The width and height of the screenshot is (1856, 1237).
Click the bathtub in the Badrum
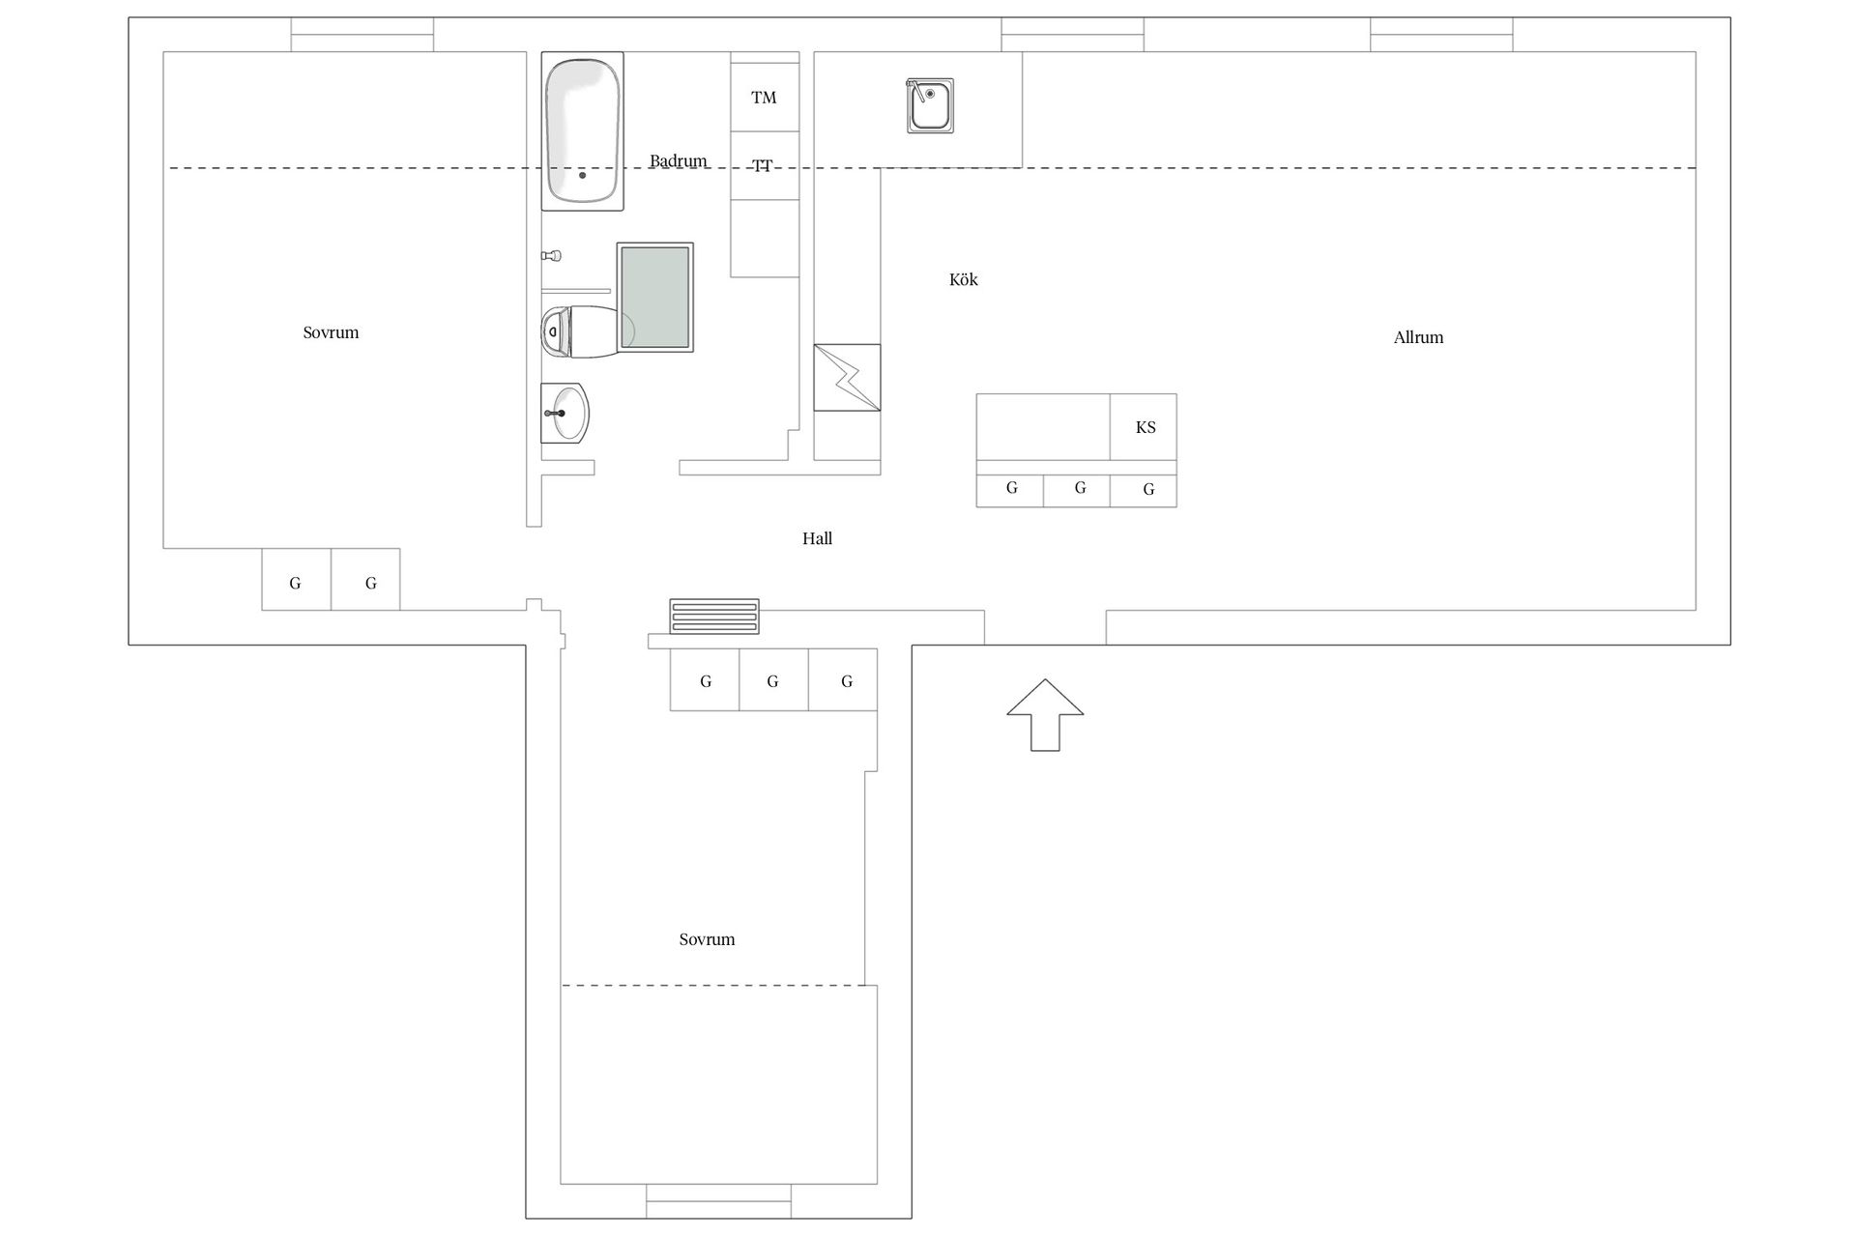(x=582, y=130)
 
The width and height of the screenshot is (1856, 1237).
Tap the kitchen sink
(x=930, y=105)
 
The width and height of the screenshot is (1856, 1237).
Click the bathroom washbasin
(x=565, y=413)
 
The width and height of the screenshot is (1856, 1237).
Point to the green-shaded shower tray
(x=655, y=298)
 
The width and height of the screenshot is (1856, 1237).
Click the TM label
(x=764, y=98)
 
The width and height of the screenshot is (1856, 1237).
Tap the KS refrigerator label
(x=1145, y=427)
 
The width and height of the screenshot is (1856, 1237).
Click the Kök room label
(x=964, y=279)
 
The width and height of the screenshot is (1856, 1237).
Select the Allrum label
(x=1418, y=337)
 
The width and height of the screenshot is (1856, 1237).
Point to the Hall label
(x=817, y=538)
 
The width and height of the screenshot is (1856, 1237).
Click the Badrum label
(x=678, y=160)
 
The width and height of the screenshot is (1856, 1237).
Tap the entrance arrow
(x=1045, y=714)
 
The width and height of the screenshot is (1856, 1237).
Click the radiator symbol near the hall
(x=714, y=617)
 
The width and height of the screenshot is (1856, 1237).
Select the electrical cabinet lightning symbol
(x=847, y=377)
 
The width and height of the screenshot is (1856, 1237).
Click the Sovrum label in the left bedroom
(x=331, y=332)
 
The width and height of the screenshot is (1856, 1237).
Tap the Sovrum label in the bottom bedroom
(x=707, y=939)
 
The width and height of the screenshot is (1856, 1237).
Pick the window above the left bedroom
(x=362, y=35)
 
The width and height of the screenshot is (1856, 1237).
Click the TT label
(x=763, y=165)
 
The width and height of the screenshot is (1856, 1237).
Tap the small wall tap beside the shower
(x=551, y=256)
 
